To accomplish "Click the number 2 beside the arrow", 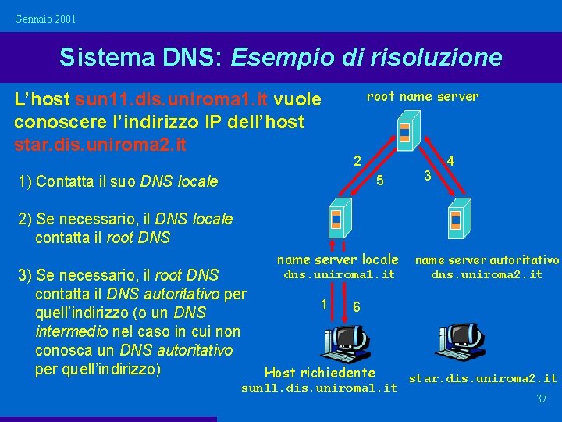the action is coord(356,163).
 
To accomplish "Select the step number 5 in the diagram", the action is coord(379,181).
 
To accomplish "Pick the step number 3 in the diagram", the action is coord(427,177).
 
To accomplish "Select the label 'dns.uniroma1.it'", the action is coord(339,274).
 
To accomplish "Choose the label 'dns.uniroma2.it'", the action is coord(486,274).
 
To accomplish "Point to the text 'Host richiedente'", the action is coord(320,373).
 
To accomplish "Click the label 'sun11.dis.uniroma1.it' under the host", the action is coord(319,388).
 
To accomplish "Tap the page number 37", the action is coord(541,399).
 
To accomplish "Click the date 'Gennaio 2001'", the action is coord(45,18).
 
